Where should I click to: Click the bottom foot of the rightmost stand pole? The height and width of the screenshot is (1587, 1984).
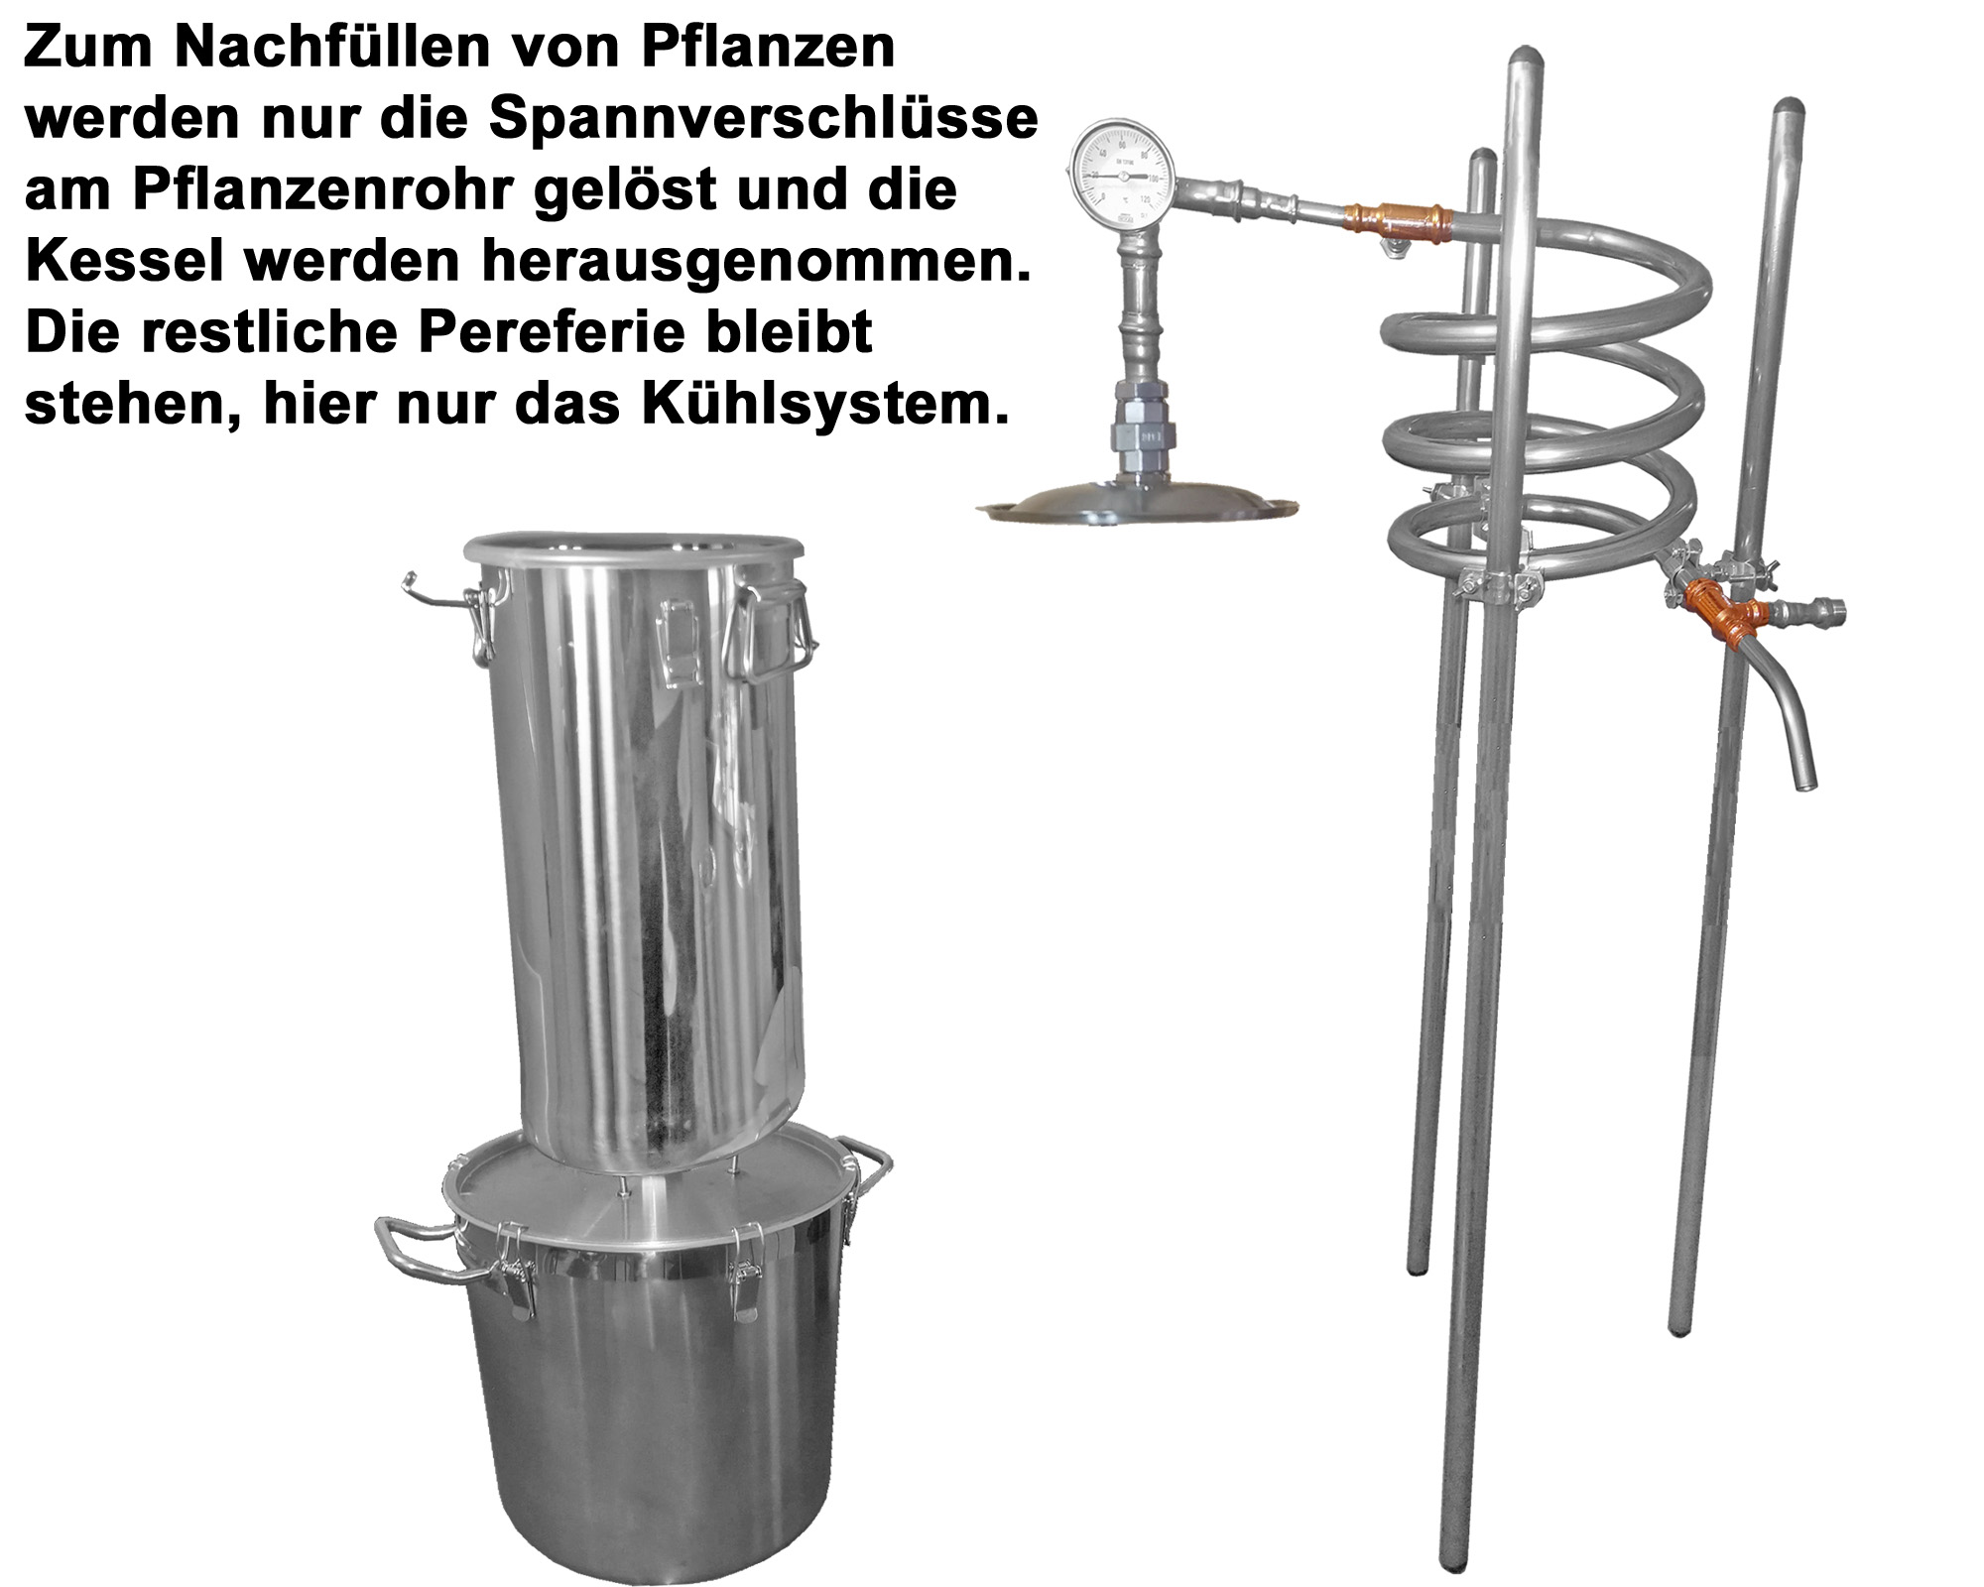click(1680, 1326)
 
